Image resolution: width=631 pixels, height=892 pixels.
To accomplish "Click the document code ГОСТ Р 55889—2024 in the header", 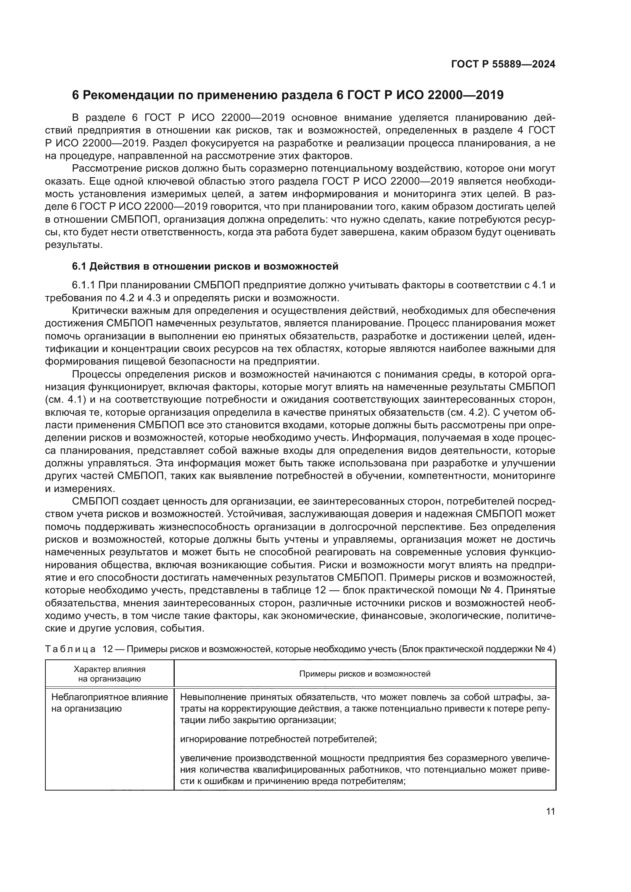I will [x=503, y=64].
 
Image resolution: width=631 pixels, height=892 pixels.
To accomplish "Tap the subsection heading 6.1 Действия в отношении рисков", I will [x=205, y=267].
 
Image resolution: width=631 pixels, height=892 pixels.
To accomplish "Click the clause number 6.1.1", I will [x=84, y=286].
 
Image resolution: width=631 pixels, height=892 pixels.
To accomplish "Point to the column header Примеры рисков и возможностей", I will [x=364, y=674].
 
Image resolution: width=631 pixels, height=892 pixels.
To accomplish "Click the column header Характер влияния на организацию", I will [x=109, y=674].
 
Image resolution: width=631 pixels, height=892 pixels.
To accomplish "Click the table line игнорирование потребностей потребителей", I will [x=278, y=739].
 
